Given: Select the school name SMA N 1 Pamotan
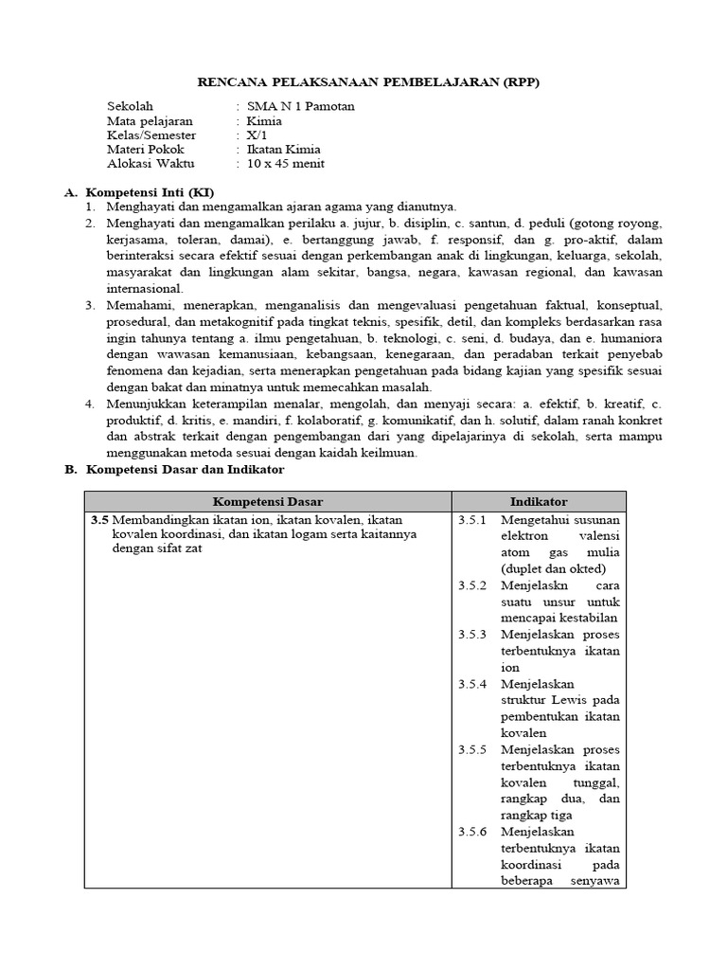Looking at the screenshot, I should pos(300,106).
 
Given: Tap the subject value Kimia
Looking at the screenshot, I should pos(264,120).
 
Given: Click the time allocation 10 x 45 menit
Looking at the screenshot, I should pos(285,163).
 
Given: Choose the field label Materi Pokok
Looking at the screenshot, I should pos(146,149).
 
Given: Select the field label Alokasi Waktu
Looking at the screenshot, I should pos(149,163).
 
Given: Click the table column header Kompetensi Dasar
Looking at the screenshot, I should pos(268,501).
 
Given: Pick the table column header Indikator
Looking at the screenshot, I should pos(538,501).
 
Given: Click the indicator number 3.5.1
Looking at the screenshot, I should pos(471,520).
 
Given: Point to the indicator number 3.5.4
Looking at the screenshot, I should pos(471,683).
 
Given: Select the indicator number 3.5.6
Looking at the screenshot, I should pos(471,831).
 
